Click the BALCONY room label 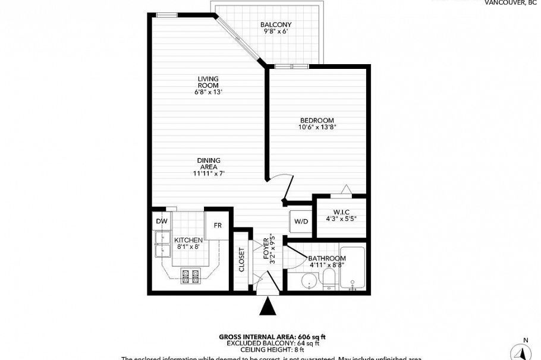[276, 25]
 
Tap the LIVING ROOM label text [208, 82]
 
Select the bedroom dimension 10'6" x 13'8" [317, 127]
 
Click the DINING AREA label [208, 163]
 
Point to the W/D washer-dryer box [300, 222]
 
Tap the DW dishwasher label [162, 222]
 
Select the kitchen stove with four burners [191, 276]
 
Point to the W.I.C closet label [340, 211]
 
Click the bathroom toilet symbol [329, 280]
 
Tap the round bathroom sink [308, 280]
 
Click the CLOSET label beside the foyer [242, 260]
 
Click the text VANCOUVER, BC [510, 2]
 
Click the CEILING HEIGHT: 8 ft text [272, 350]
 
